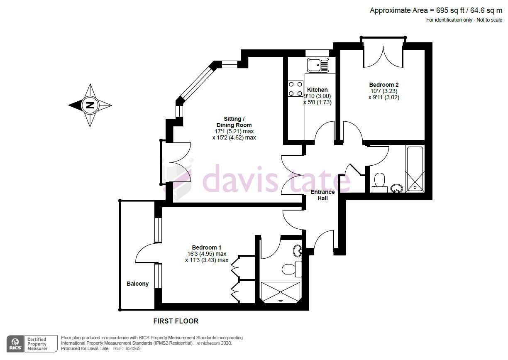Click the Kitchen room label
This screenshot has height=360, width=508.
(x=317, y=90)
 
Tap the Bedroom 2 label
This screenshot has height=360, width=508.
(x=384, y=85)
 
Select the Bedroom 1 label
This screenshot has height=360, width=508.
(x=206, y=247)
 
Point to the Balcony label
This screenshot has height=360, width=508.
(x=137, y=284)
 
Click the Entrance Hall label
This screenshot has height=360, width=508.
(x=322, y=195)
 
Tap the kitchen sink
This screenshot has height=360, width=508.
(x=318, y=65)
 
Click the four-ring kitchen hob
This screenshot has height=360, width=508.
(x=296, y=89)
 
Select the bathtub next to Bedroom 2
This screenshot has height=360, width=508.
(x=415, y=169)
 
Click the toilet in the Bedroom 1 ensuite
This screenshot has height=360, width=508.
(x=292, y=269)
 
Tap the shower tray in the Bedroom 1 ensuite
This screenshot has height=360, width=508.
(x=281, y=292)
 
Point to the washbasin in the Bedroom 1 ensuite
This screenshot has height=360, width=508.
(x=297, y=251)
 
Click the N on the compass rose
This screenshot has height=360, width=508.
(x=90, y=105)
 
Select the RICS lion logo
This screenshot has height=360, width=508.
(x=15, y=344)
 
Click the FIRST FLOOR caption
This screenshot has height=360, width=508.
(x=176, y=321)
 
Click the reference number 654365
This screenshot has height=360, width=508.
(x=133, y=348)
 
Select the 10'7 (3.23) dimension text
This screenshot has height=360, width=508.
(x=384, y=91)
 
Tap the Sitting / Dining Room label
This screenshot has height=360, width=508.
(x=234, y=122)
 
